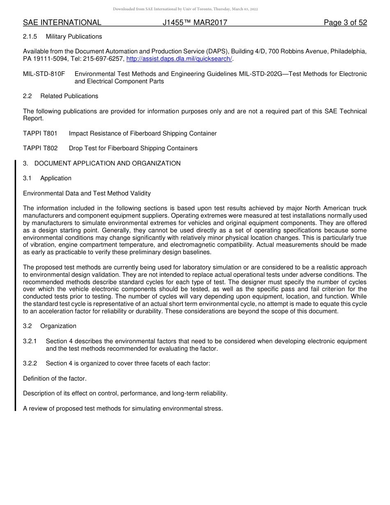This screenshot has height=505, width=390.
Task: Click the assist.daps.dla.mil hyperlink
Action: pyautogui.click(x=179, y=59)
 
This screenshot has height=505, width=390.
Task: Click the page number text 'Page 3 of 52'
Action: pyautogui.click(x=345, y=23)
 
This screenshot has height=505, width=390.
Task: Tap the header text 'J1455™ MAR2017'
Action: pyautogui.click(x=195, y=23)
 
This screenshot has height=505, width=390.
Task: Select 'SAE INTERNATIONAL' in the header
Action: pyautogui.click(x=62, y=23)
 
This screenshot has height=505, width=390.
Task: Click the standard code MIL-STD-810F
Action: pyautogui.click(x=44, y=74)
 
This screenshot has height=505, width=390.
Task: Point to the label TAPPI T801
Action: pyautogui.click(x=40, y=133)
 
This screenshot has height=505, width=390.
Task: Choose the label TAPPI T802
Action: pyautogui.click(x=40, y=148)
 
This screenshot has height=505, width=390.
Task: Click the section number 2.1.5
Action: pyautogui.click(x=30, y=37)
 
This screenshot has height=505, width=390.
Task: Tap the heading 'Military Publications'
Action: pyautogui.click(x=74, y=37)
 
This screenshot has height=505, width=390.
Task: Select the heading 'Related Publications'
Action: pyautogui.click(x=69, y=96)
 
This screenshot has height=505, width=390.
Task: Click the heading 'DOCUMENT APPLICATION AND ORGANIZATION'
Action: pyautogui.click(x=108, y=163)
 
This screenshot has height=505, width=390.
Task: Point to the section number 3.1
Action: pyautogui.click(x=27, y=178)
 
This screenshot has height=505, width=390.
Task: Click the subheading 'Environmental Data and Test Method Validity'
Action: pyautogui.click(x=87, y=193)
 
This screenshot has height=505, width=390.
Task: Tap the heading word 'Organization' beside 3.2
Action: pyautogui.click(x=58, y=326)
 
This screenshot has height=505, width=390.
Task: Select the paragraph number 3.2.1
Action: pyautogui.click(x=30, y=341)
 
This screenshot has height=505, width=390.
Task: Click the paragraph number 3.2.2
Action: pyautogui.click(x=30, y=363)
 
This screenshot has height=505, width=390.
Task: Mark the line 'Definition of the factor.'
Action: pyautogui.click(x=55, y=379)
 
